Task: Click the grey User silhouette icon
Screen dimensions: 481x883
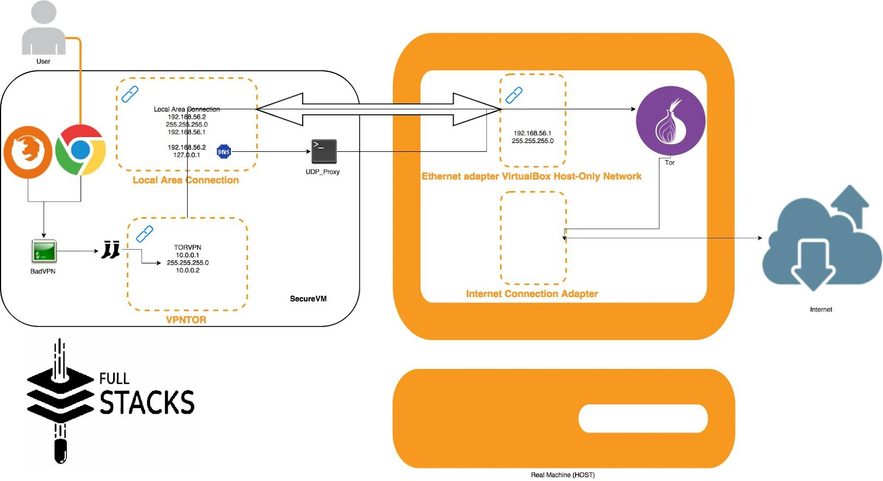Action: tap(44, 29)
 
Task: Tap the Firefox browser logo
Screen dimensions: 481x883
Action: tap(28, 152)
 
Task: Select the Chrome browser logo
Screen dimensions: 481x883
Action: tap(81, 150)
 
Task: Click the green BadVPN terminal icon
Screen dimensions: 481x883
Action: tap(44, 251)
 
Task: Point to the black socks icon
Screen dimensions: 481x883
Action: tap(111, 250)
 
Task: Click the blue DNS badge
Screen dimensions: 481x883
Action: tap(224, 151)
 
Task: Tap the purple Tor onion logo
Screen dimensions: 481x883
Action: tap(671, 121)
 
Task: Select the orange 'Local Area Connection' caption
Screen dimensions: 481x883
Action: tap(185, 180)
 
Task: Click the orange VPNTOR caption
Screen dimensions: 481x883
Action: tap(186, 320)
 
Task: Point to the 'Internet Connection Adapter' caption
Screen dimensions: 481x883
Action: tap(531, 294)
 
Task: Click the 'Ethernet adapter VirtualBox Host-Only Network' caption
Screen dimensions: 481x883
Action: tap(531, 176)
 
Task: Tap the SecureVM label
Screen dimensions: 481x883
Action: tap(308, 299)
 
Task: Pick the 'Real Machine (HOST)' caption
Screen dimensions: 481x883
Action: tap(562, 475)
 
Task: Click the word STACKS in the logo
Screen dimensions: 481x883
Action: tap(147, 403)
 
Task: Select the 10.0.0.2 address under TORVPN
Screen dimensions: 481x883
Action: tap(188, 271)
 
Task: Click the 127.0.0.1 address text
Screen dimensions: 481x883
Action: tap(187, 155)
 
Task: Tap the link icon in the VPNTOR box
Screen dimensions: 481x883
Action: tap(145, 234)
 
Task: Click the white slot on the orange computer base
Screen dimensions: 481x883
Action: tap(643, 419)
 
